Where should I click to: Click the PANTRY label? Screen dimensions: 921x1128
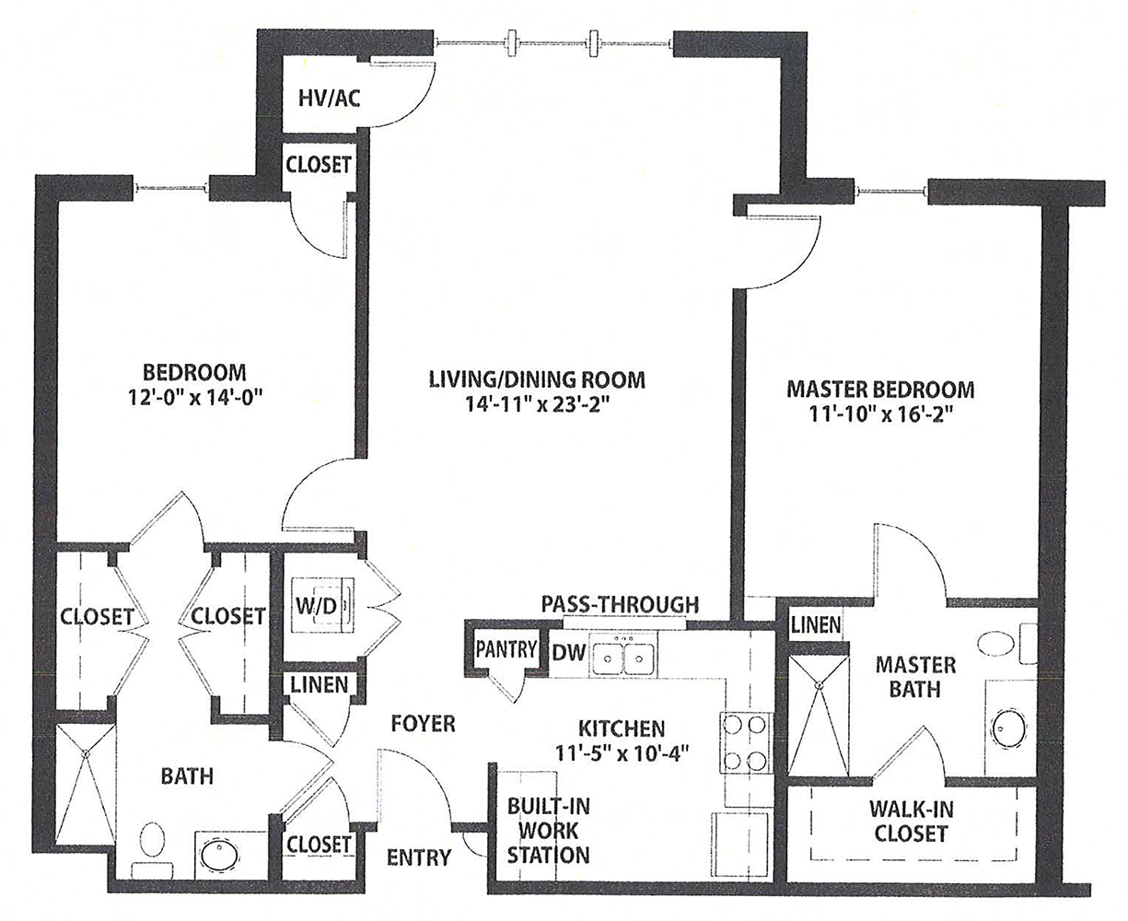[506, 648]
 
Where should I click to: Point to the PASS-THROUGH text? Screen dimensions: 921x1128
[620, 604]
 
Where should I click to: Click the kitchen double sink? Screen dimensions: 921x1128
[624, 658]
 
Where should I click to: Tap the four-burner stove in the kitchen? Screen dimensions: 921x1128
[745, 743]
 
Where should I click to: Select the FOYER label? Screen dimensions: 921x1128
[423, 723]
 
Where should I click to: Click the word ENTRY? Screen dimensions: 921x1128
[419, 857]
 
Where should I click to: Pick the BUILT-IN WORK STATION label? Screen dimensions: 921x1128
[549, 830]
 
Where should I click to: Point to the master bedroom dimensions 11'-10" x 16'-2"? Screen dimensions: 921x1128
[880, 414]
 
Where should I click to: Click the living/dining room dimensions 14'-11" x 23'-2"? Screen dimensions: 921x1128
[536, 403]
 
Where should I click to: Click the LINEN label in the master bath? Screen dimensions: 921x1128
[816, 625]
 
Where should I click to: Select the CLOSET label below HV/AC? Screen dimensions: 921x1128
[319, 165]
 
